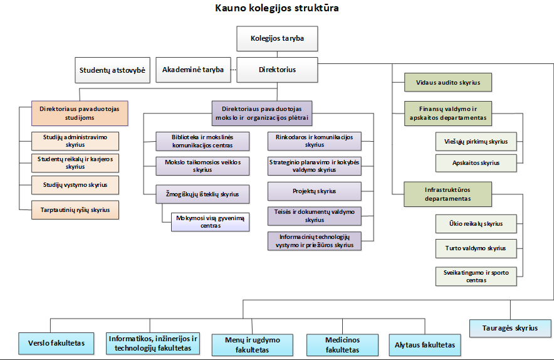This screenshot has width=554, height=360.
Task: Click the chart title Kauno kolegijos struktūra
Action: click(x=277, y=8)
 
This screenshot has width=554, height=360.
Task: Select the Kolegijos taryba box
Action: click(x=277, y=39)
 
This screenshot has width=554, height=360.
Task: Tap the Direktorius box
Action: click(x=277, y=70)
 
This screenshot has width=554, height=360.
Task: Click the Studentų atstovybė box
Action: click(x=112, y=70)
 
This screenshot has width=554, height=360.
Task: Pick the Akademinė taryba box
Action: click(x=193, y=70)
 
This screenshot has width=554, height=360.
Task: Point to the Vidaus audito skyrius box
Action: click(x=447, y=82)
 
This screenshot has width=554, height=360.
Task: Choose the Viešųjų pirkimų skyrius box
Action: click(x=476, y=142)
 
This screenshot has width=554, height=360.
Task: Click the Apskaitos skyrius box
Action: click(x=476, y=162)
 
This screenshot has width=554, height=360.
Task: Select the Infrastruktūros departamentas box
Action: click(x=447, y=194)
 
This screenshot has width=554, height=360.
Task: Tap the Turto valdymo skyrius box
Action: click(x=476, y=248)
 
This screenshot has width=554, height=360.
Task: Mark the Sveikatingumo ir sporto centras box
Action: click(x=476, y=277)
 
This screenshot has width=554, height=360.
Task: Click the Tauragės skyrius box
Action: click(x=510, y=328)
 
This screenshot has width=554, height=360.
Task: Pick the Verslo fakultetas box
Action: click(x=56, y=343)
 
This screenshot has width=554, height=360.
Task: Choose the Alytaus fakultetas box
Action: click(x=425, y=344)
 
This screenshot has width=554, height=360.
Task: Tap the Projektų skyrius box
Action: click(x=315, y=191)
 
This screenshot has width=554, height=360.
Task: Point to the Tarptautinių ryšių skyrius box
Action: click(x=75, y=210)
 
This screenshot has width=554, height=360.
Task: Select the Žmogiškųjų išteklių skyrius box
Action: click(x=202, y=194)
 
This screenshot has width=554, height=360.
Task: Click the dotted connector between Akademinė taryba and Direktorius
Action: click(x=233, y=70)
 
